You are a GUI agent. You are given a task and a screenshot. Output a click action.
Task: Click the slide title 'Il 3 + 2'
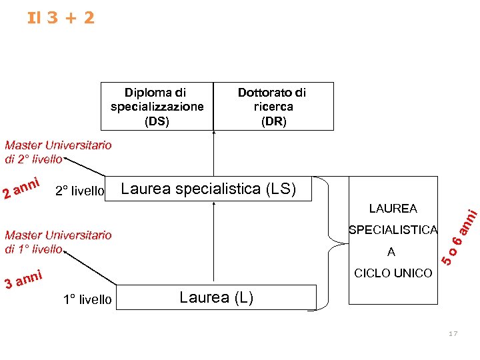61,17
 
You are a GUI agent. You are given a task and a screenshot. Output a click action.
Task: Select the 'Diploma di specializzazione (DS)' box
157,106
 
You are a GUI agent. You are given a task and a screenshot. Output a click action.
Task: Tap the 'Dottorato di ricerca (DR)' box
273,106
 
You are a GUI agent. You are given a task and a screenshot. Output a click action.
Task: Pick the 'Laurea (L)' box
217,297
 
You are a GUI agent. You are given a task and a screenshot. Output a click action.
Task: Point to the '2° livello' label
79,192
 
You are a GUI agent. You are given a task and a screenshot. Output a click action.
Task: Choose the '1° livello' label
87,299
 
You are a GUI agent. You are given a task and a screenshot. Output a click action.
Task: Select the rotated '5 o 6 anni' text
460,237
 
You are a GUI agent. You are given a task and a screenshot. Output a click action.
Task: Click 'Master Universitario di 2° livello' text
58,152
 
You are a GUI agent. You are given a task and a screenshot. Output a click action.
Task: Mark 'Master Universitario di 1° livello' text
58,241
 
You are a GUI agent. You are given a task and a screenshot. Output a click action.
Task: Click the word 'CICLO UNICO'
393,273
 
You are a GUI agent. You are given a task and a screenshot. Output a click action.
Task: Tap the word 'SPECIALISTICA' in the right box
393,230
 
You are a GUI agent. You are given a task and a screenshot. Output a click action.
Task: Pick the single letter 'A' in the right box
391,252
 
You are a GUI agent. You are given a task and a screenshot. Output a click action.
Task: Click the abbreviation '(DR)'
273,121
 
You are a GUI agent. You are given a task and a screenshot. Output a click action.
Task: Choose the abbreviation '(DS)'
157,121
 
